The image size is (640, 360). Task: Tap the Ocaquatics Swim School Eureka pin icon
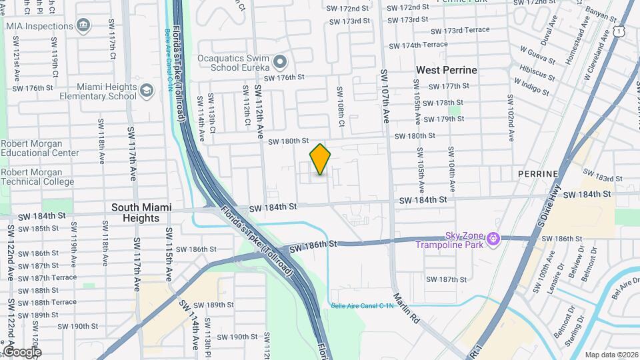coord(280,63)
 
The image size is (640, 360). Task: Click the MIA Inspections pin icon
coord(83,27)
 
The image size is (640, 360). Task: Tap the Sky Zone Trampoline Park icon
coord(493,238)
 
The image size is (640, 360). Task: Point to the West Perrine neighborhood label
coord(446,70)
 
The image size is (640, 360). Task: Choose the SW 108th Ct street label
coord(340,107)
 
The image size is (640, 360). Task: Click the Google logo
coord(22,352)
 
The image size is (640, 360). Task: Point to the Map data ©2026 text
coord(611,355)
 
